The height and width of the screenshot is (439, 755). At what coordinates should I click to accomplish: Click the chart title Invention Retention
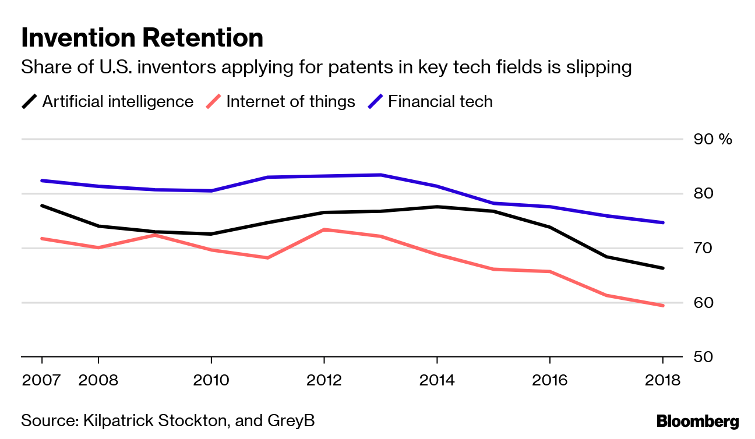coord(142,38)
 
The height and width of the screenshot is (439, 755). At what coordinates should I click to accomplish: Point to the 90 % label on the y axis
coord(712,139)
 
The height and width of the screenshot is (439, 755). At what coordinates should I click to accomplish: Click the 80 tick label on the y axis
coord(704,193)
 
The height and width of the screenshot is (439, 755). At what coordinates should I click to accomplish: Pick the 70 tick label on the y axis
coord(704,249)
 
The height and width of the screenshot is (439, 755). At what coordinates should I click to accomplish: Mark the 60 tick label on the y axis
coord(704,303)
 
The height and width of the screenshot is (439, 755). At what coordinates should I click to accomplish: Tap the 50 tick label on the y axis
coord(704,357)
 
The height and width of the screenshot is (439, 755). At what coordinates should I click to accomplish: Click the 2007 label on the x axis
coord(41,381)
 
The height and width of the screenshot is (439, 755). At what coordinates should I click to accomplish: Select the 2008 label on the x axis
coord(98,381)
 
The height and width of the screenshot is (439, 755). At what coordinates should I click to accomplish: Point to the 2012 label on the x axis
coord(324,381)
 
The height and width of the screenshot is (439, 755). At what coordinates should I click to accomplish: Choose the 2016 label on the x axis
coord(549,381)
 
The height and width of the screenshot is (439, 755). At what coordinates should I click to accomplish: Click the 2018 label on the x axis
coord(662,381)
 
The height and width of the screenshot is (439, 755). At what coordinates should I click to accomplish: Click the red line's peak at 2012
coord(324,229)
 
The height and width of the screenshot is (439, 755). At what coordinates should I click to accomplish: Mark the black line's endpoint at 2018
coord(662,268)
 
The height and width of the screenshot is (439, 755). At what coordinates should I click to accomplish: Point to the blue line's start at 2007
coord(42,180)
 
